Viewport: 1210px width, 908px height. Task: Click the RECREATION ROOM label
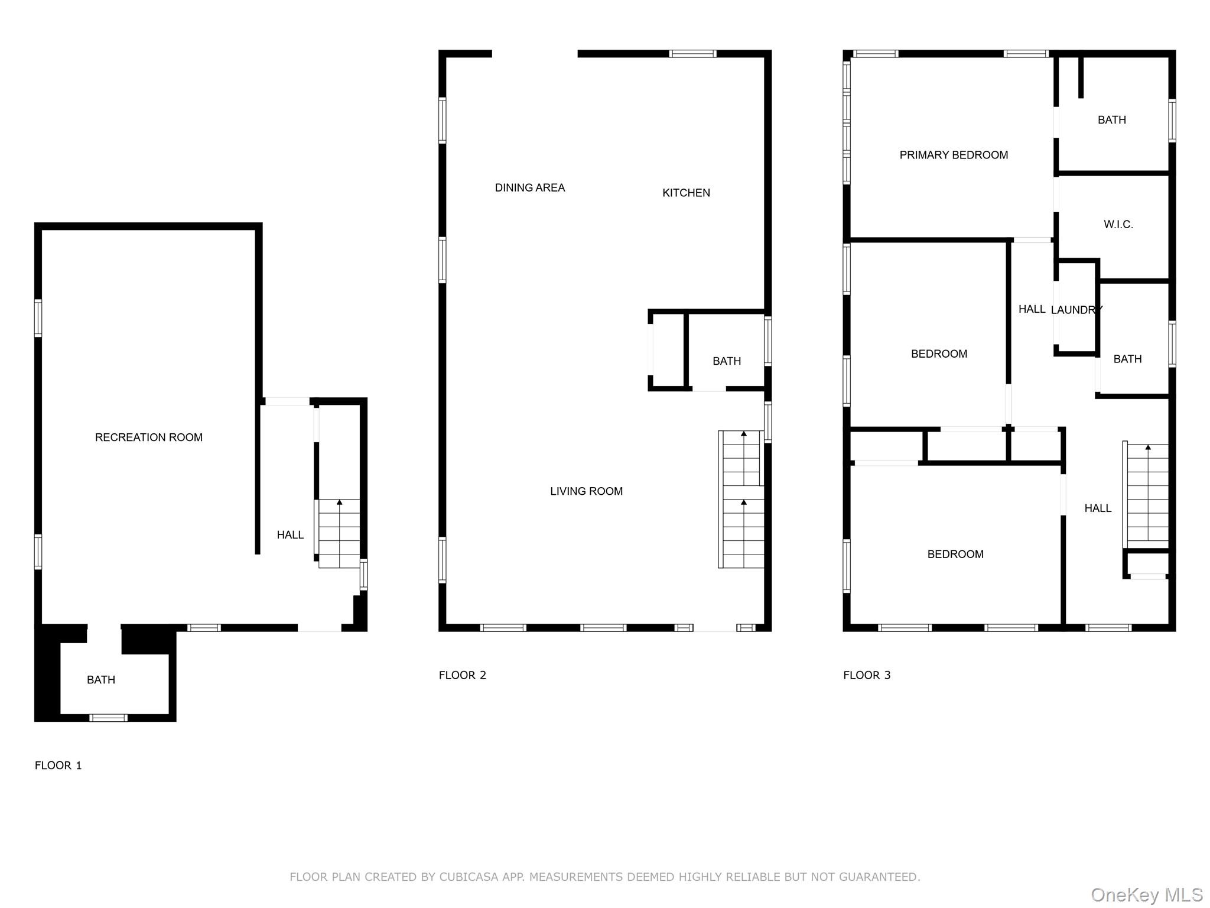(148, 437)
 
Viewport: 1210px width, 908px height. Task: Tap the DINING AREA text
(529, 187)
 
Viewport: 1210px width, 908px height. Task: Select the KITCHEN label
(685, 193)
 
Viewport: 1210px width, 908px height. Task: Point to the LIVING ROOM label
(586, 491)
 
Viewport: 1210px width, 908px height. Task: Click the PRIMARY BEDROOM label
(953, 155)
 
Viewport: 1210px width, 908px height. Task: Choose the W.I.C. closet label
(1118, 224)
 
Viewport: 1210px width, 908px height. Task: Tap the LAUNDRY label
(1076, 310)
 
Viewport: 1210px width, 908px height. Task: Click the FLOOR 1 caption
(58, 766)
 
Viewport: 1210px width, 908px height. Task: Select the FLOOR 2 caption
(462, 675)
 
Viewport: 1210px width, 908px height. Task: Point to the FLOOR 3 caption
(866, 675)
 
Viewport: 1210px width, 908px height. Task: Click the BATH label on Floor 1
(101, 680)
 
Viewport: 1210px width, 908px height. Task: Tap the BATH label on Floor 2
(726, 361)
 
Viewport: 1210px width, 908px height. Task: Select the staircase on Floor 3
(1147, 495)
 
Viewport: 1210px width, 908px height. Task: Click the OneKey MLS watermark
(1146, 894)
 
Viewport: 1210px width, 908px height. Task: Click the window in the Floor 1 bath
(108, 718)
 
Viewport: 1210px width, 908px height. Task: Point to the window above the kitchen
(692, 54)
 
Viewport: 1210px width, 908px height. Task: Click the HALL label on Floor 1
(290, 535)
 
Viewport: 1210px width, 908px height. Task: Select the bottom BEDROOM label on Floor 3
(955, 554)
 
